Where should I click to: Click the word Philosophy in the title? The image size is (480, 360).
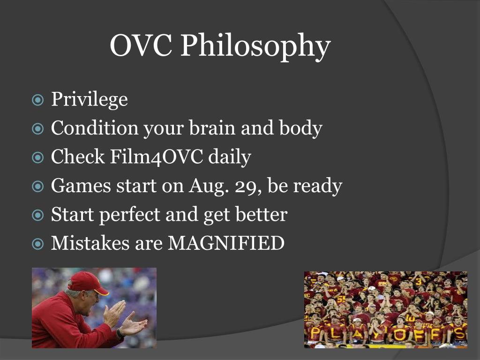[255, 46]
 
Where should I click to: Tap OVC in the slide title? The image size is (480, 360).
[141, 45]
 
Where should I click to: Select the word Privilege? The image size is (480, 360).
[90, 100]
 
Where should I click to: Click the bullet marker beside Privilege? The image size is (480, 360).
[37, 100]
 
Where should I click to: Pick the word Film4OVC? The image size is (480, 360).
[156, 157]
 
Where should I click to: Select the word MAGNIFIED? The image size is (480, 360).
[226, 243]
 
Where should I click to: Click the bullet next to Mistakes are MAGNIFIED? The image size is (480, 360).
[37, 244]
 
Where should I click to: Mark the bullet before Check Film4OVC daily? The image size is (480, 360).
[37, 157]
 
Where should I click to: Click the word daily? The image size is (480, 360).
[230, 157]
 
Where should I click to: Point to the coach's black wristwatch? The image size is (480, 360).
[120, 333]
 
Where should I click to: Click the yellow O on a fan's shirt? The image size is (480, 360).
[398, 335]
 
